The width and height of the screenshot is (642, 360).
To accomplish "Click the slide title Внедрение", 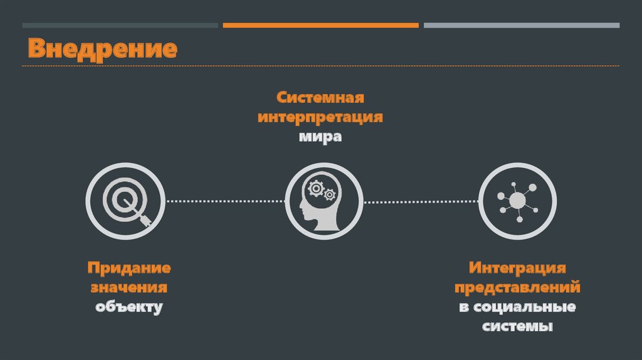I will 102,49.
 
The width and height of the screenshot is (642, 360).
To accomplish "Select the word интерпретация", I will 320,117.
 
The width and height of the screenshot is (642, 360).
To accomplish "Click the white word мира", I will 320,137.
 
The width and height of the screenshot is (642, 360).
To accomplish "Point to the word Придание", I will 129,268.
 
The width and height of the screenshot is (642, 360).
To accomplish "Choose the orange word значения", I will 129,288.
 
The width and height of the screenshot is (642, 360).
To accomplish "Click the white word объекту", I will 129,307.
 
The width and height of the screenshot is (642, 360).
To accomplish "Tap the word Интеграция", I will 517,268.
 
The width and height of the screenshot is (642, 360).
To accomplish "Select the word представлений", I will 517,288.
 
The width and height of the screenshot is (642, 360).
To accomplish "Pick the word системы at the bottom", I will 517,327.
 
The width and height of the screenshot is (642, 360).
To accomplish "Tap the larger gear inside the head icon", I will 315,188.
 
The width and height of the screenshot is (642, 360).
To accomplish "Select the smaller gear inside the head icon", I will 330,194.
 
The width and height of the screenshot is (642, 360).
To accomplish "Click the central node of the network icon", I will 517,201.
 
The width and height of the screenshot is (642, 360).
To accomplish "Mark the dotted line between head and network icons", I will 420,201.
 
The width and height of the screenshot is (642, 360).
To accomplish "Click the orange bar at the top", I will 320,26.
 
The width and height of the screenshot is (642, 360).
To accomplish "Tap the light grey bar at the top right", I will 521,26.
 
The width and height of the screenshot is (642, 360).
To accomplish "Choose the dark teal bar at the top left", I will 120,26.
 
